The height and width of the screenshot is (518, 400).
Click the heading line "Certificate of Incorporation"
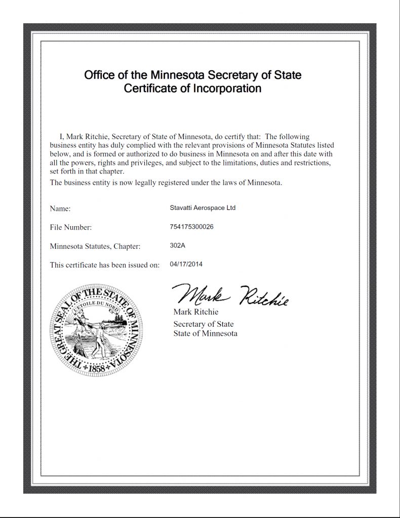[192, 89]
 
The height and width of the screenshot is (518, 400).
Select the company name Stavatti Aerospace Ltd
[203, 207]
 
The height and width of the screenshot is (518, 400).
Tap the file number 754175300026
[192, 227]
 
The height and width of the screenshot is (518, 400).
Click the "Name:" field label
[60, 208]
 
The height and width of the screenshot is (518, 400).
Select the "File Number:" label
[71, 228]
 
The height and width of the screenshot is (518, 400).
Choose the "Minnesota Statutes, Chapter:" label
[95, 246]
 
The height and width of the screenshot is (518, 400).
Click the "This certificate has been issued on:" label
[105, 265]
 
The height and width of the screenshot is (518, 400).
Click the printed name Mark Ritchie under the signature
[195, 312]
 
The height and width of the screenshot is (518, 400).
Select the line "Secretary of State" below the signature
[204, 324]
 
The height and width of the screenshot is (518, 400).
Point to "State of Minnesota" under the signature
[205, 334]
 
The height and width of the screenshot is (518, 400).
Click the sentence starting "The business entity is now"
[166, 182]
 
